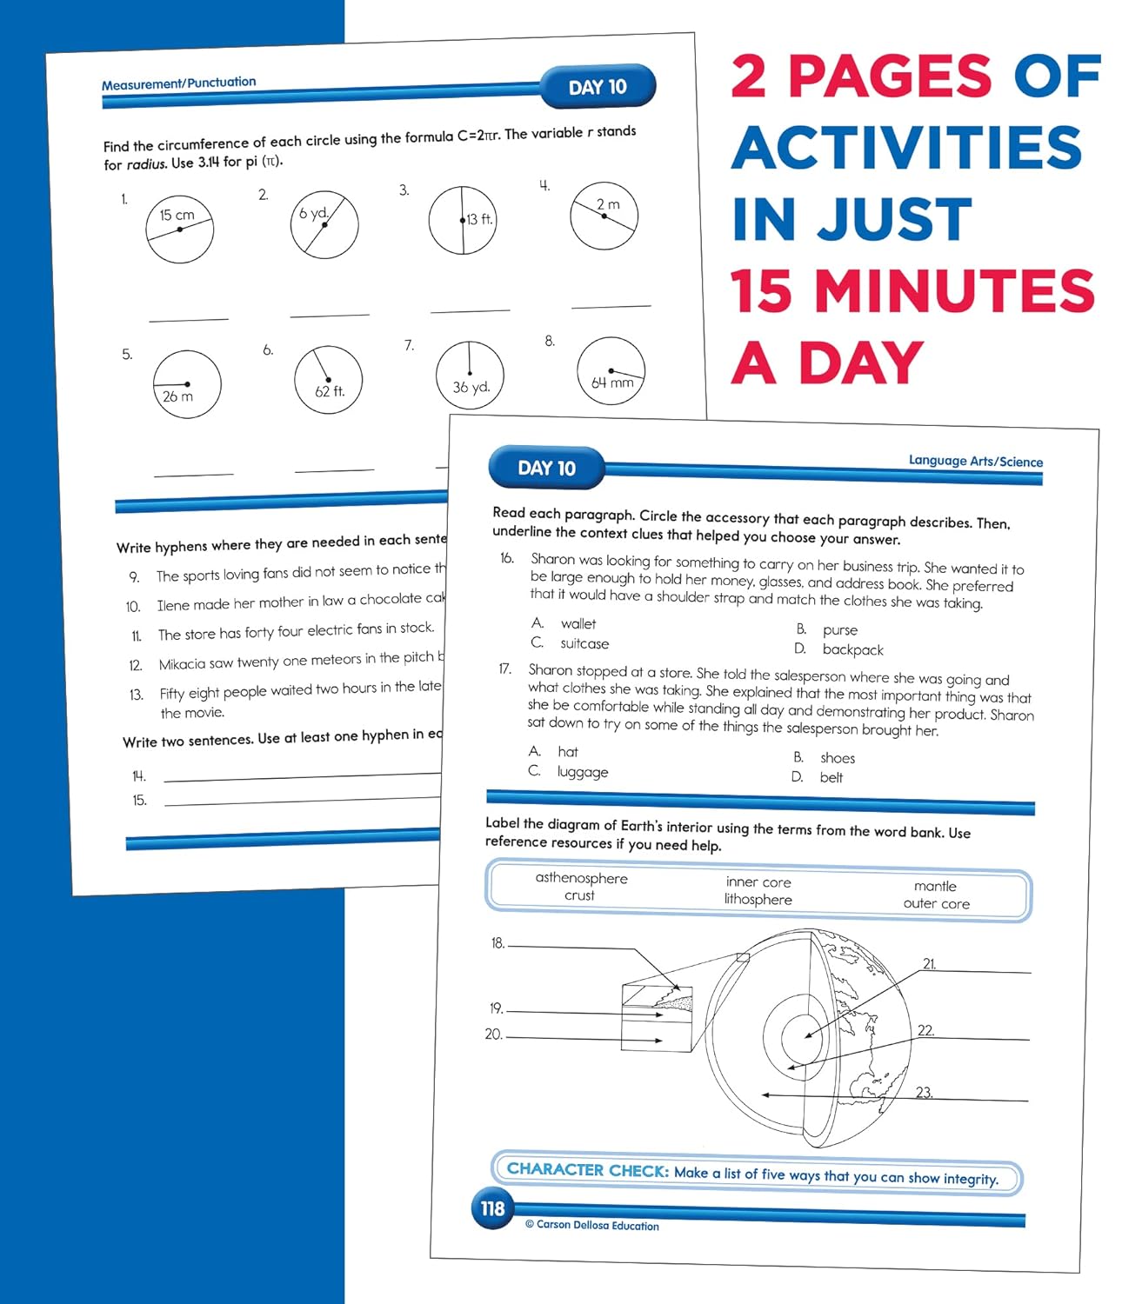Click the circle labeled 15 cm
(x=180, y=230)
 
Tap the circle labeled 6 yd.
(x=324, y=224)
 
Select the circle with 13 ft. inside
(x=463, y=220)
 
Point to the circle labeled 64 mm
(x=611, y=371)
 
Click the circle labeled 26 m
(x=187, y=384)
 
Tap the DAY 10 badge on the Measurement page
(x=598, y=87)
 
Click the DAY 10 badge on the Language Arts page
(x=546, y=469)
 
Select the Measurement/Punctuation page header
(x=179, y=83)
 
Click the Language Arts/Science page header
(x=975, y=461)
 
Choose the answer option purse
(x=839, y=630)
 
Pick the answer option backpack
(x=852, y=649)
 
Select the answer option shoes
(x=837, y=758)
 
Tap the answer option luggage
(x=583, y=772)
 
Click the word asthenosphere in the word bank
(x=581, y=878)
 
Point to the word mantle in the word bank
(x=935, y=886)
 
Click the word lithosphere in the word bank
(x=758, y=900)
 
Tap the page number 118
(x=492, y=1208)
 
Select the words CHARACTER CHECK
(x=588, y=1170)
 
